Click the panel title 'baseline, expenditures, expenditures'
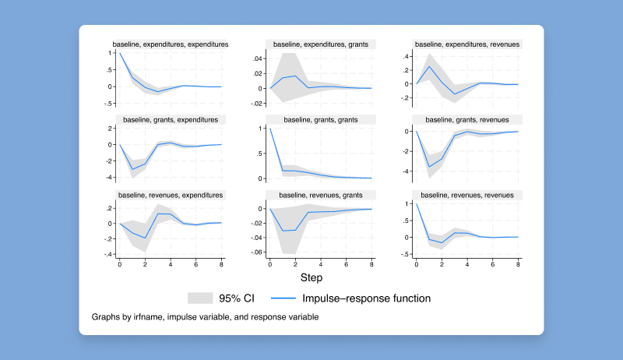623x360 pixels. [171, 44]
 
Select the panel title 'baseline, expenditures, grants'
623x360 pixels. [321, 44]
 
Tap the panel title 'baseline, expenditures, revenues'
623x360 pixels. [468, 44]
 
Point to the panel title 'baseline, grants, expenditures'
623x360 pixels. [171, 119]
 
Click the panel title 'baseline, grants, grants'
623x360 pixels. [321, 119]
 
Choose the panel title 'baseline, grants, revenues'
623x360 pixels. [468, 119]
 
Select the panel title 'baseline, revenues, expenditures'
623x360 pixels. [171, 194]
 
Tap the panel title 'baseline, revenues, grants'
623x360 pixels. [321, 194]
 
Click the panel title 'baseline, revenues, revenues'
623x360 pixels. [468, 194]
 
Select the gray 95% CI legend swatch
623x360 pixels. [200, 298]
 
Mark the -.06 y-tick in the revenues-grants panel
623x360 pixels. [254, 253]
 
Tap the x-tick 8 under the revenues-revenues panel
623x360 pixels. [518, 265]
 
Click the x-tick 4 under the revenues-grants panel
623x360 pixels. [321, 265]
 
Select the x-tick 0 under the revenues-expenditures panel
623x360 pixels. [120, 265]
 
